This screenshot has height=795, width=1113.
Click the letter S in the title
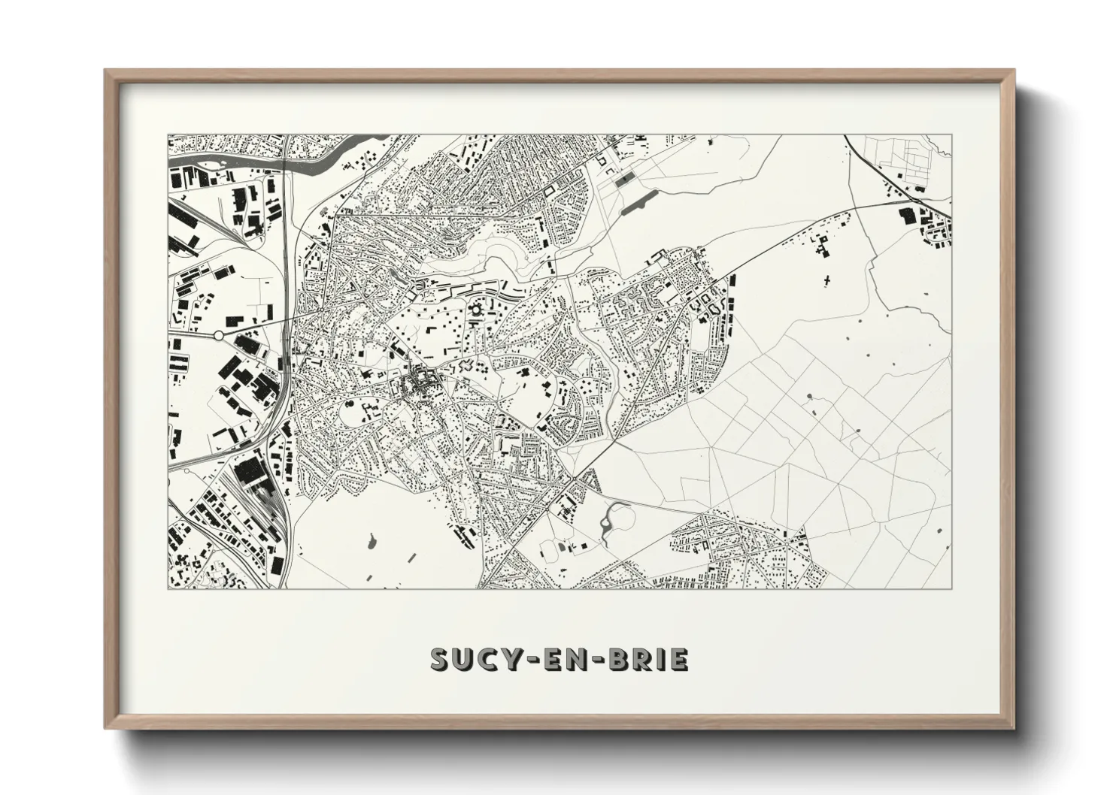coord(441,659)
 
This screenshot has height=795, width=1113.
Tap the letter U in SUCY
coord(466,659)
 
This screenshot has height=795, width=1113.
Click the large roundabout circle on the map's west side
coord(218,334)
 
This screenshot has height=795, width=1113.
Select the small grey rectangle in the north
coord(624,180)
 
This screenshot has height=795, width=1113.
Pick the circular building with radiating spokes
coord(475,308)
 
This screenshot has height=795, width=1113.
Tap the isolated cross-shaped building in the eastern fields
coord(827,280)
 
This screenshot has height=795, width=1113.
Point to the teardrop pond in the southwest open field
coord(372,539)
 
